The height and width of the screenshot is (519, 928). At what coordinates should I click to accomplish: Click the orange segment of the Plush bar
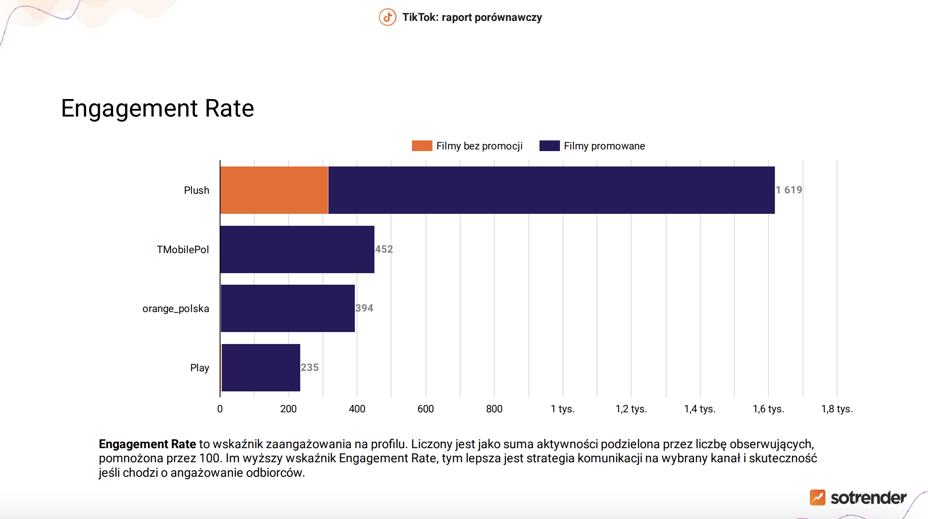pyautogui.click(x=274, y=190)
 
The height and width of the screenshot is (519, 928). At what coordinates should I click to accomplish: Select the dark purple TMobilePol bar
pyautogui.click(x=297, y=249)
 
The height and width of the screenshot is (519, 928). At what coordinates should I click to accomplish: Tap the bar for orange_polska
pyautogui.click(x=288, y=308)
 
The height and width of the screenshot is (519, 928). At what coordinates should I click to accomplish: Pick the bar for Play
pyautogui.click(x=261, y=367)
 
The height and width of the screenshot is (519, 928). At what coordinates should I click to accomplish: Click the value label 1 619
pyautogui.click(x=789, y=190)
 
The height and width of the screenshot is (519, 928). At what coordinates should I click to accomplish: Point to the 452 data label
pyautogui.click(x=384, y=249)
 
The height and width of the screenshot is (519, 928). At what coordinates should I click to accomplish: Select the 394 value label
pyautogui.click(x=364, y=308)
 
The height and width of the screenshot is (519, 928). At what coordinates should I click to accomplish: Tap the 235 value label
pyautogui.click(x=310, y=367)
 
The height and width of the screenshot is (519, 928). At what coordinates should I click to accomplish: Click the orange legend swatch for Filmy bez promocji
pyautogui.click(x=422, y=146)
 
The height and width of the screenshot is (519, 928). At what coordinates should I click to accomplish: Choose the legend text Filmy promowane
pyautogui.click(x=604, y=146)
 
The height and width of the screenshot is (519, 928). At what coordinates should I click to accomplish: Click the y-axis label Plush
pyautogui.click(x=197, y=190)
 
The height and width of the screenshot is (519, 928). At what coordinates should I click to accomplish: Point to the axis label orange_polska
pyautogui.click(x=176, y=309)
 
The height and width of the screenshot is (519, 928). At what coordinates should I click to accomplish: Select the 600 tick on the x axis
pyautogui.click(x=426, y=409)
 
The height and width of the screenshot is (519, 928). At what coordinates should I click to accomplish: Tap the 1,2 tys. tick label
pyautogui.click(x=631, y=409)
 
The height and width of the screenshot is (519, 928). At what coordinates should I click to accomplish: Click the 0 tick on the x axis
pyautogui.click(x=220, y=409)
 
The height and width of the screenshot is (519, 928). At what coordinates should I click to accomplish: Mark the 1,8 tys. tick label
pyautogui.click(x=837, y=409)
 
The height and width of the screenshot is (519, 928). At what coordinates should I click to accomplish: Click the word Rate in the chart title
pyautogui.click(x=229, y=108)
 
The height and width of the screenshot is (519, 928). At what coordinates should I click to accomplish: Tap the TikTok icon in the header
pyautogui.click(x=388, y=17)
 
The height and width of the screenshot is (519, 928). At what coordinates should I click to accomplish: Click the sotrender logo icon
pyautogui.click(x=818, y=498)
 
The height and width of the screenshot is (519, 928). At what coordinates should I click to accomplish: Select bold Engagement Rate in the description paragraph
pyautogui.click(x=148, y=444)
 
